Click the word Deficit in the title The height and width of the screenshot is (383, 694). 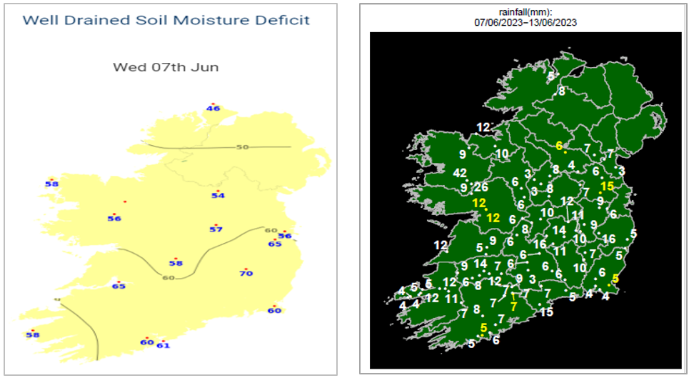283,20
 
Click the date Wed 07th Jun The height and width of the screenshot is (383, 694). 166,68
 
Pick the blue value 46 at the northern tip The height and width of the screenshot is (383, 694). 213,109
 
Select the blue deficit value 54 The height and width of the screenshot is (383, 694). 218,196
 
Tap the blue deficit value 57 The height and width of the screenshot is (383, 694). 216,229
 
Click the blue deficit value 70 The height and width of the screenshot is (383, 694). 246,273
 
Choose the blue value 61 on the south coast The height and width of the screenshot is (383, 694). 164,346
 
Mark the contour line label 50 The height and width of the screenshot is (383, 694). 243,147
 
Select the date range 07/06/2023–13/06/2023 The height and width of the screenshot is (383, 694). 525,22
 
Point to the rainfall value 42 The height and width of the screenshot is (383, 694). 461,172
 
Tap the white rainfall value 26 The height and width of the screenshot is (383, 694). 482,187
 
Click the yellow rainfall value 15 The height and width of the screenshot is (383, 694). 608,186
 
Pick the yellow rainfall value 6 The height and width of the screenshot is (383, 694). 559,145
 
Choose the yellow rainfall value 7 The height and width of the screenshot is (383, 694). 513,306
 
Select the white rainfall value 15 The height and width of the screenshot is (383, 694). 547,312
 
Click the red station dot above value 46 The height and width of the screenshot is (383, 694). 212,102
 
